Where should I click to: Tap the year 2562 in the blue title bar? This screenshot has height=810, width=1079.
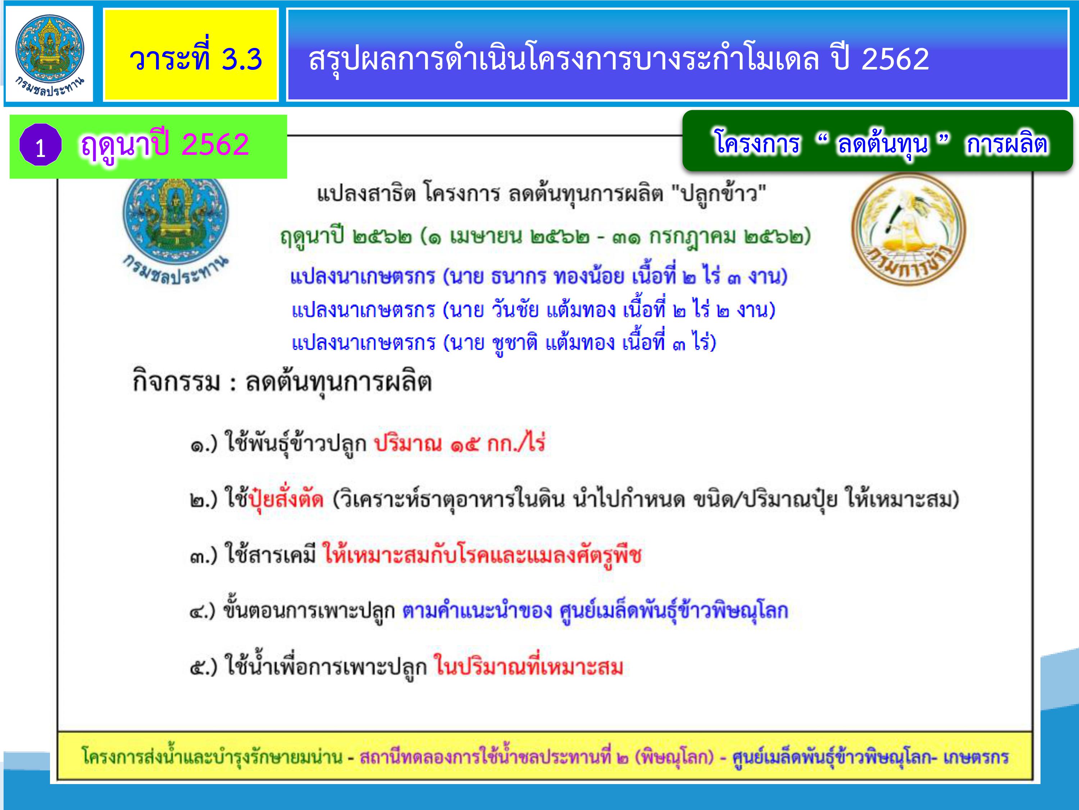[x=895, y=59]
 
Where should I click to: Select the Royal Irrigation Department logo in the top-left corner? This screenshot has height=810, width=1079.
[x=49, y=54]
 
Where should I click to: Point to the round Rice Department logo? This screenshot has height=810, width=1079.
[x=908, y=229]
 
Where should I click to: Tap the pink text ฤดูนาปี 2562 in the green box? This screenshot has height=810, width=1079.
[x=165, y=145]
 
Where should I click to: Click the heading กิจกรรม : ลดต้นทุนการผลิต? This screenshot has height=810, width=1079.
[x=282, y=382]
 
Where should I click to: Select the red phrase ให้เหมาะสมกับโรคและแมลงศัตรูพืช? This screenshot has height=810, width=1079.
[x=482, y=555]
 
